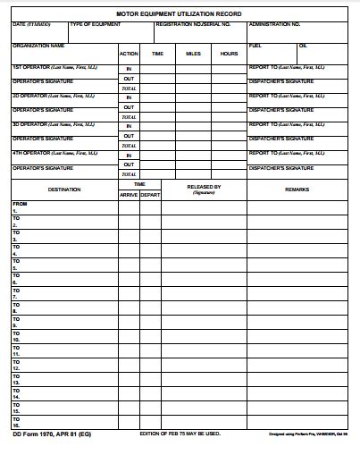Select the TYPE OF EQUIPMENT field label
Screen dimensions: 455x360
pyautogui.click(x=95, y=24)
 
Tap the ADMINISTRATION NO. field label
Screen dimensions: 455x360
pyautogui.click(x=274, y=24)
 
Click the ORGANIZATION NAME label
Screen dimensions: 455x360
pyautogui.click(x=38, y=45)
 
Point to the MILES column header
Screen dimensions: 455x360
pyautogui.click(x=193, y=54)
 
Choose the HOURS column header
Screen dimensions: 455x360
pyautogui.click(x=229, y=54)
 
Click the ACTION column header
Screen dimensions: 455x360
pyautogui.click(x=129, y=54)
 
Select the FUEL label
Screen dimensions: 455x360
pyautogui.click(x=255, y=45)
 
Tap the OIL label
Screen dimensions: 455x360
pyautogui.click(x=303, y=45)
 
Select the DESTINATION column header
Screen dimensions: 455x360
pyautogui.click(x=64, y=189)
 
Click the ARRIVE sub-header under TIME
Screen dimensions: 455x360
pyautogui.click(x=129, y=194)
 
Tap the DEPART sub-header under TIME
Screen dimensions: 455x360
pyautogui.click(x=150, y=194)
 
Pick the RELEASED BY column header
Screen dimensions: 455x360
pyautogui.click(x=204, y=187)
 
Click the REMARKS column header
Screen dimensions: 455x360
pyautogui.click(x=297, y=189)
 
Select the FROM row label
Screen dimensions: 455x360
pyautogui.click(x=20, y=204)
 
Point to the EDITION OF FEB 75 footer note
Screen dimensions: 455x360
pyautogui.click(x=180, y=434)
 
